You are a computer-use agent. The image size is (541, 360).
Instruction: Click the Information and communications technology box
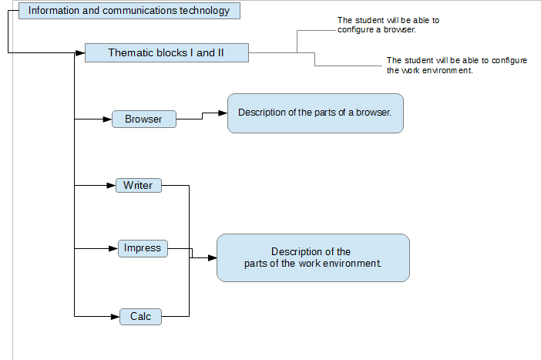click(x=129, y=11)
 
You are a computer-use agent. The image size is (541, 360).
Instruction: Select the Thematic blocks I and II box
click(x=166, y=53)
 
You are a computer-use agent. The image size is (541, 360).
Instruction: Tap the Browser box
click(x=144, y=119)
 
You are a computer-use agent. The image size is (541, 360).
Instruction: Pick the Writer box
click(x=139, y=185)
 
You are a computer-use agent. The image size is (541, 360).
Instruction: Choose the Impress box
click(x=143, y=248)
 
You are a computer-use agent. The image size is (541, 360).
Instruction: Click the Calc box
click(x=140, y=317)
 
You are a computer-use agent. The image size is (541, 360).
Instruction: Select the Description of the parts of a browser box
click(x=315, y=113)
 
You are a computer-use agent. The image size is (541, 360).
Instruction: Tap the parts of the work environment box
click(x=314, y=257)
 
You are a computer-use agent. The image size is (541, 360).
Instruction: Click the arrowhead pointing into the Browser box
click(x=107, y=119)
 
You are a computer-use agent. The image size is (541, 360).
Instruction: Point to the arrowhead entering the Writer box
click(x=111, y=185)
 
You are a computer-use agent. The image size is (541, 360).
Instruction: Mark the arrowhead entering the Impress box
click(x=113, y=248)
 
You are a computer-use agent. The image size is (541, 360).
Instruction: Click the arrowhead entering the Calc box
click(x=116, y=317)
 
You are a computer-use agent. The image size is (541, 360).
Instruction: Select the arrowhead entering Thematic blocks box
click(x=80, y=53)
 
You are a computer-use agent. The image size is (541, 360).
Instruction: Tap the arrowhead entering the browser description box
click(x=223, y=113)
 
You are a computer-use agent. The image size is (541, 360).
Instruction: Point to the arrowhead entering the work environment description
click(x=213, y=257)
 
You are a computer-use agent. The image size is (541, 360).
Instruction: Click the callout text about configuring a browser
click(x=388, y=25)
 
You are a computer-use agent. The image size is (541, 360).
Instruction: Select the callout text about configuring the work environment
click(x=457, y=66)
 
